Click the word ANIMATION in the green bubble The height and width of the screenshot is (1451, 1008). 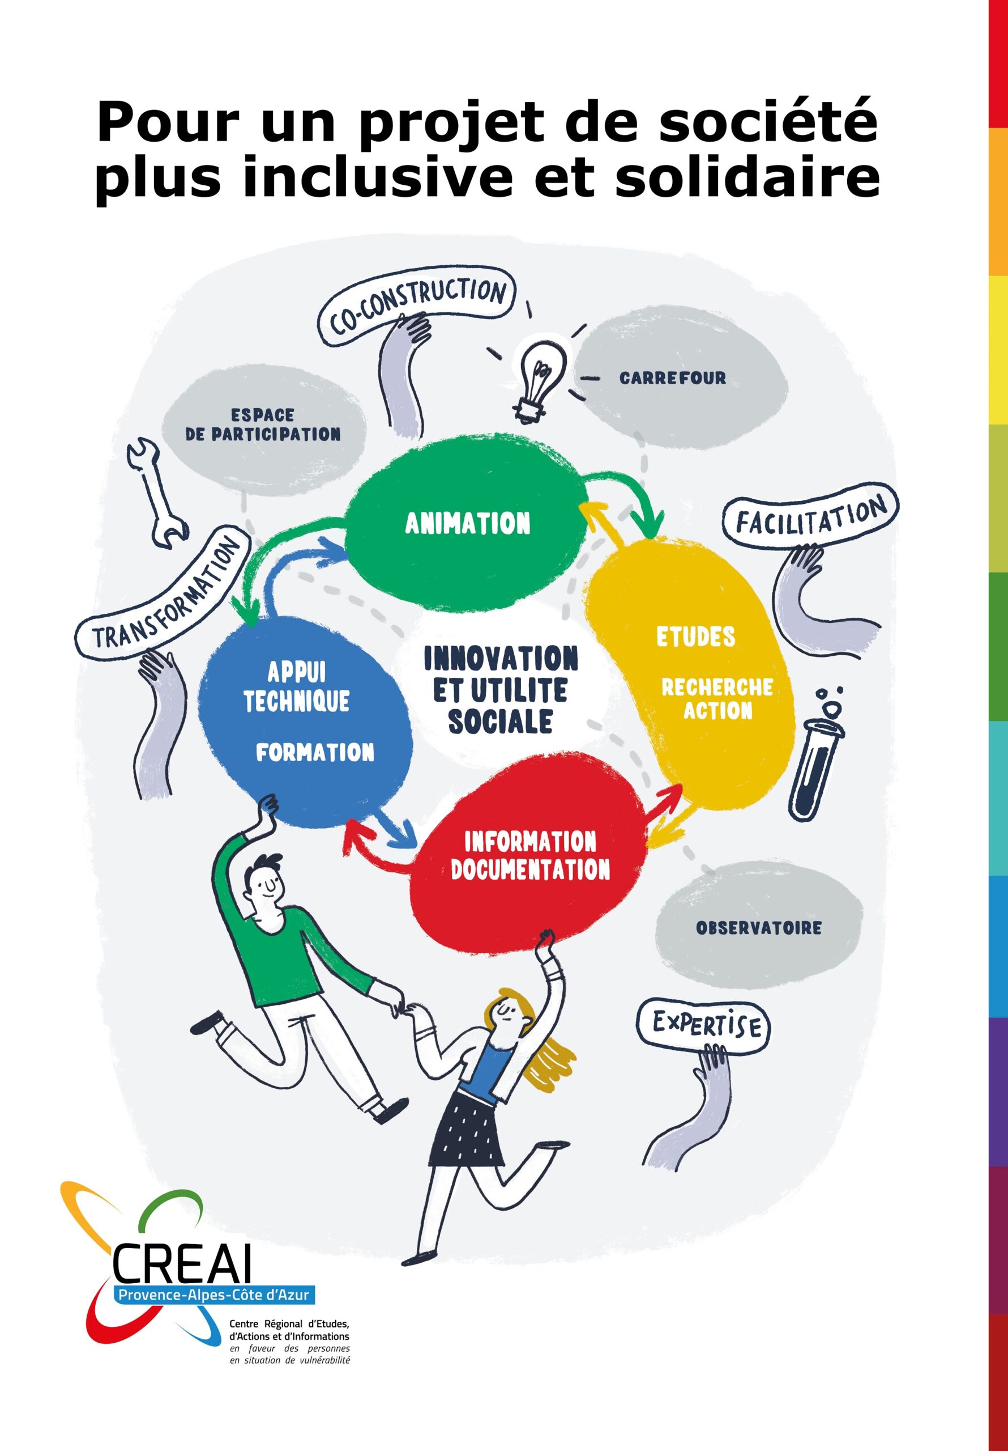click(x=468, y=523)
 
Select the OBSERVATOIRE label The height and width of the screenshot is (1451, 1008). click(x=758, y=928)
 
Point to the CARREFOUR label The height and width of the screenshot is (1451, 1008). click(x=673, y=378)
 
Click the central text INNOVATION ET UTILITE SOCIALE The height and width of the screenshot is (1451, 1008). click(x=501, y=689)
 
